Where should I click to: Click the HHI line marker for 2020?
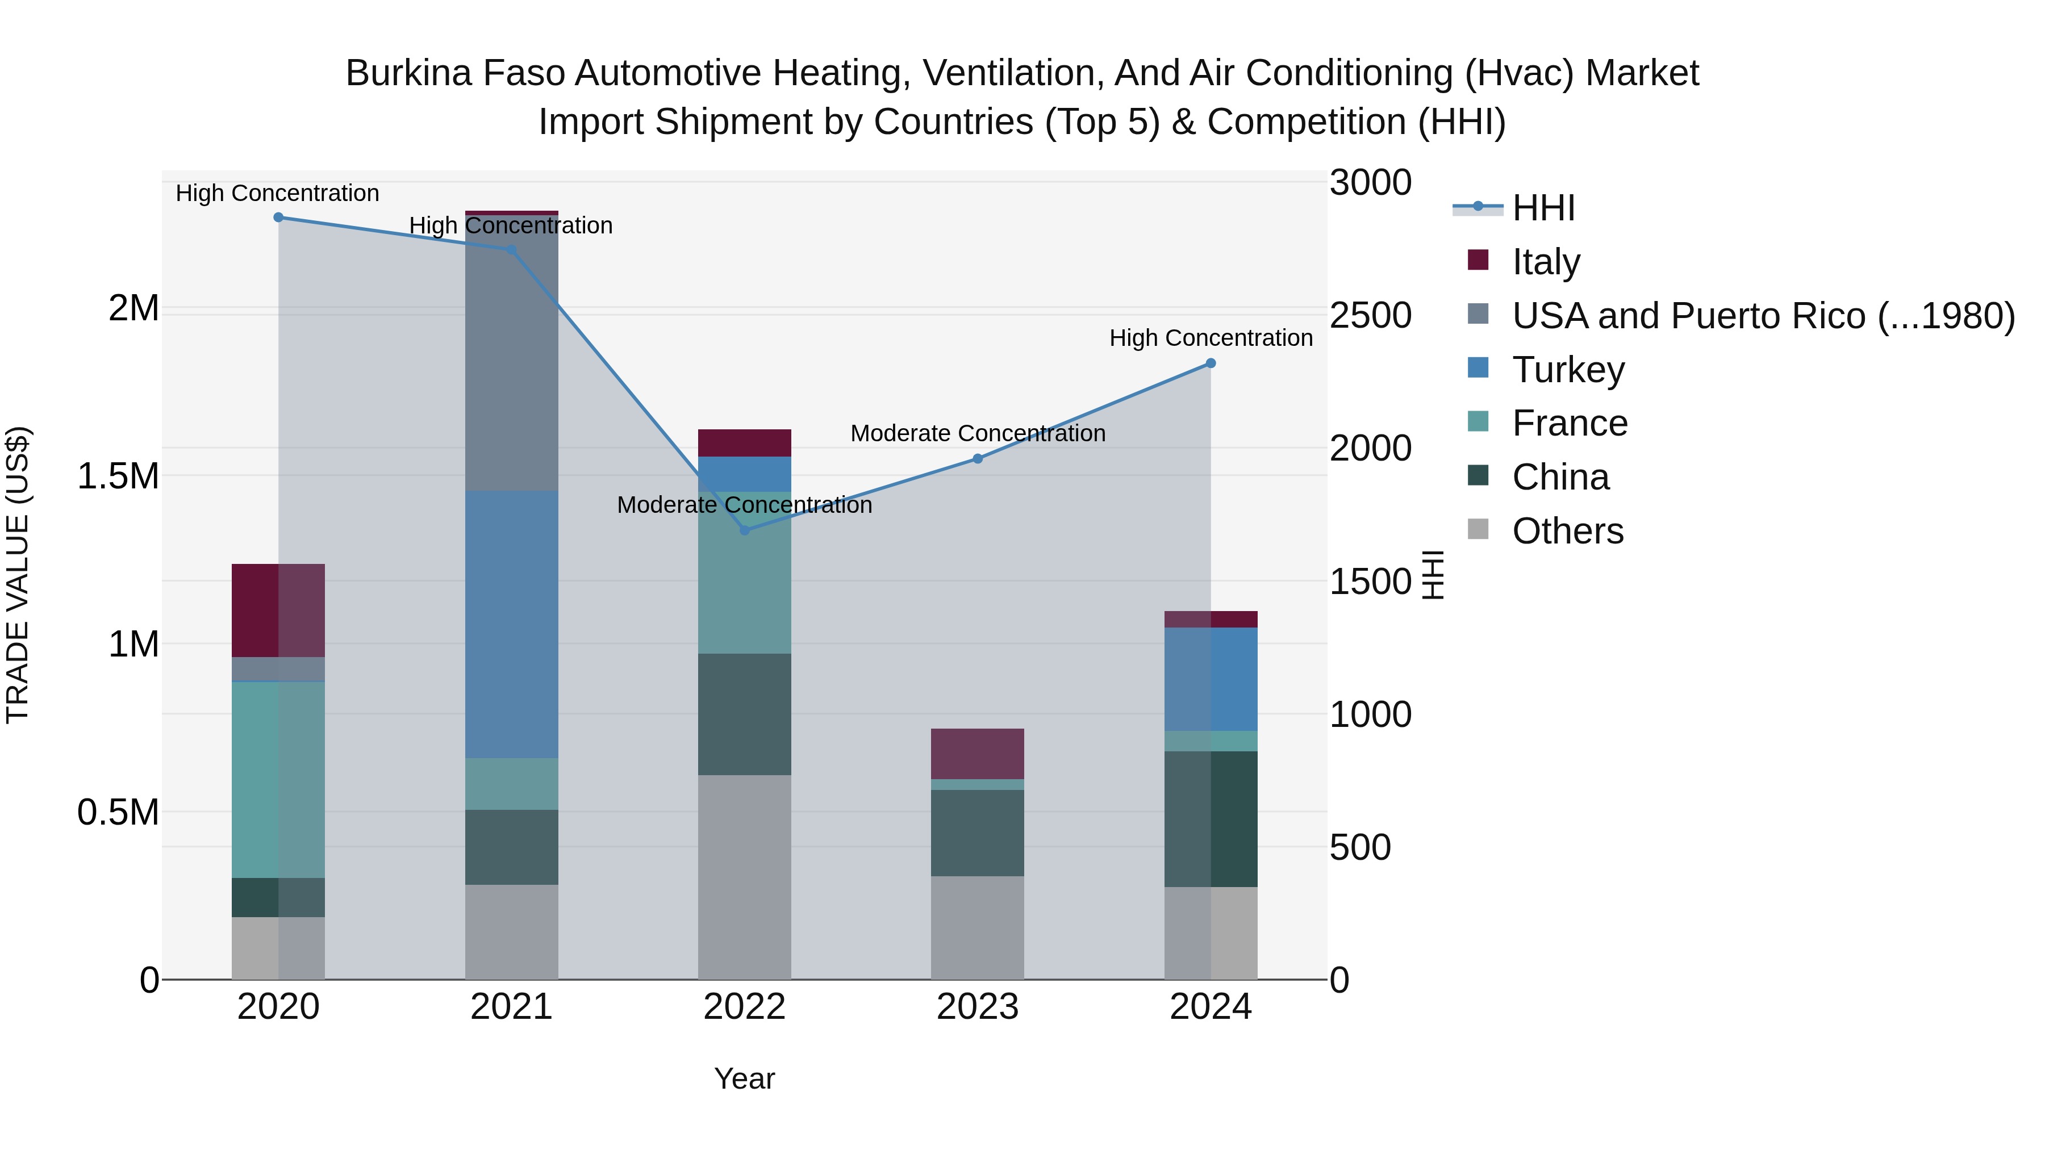click(278, 218)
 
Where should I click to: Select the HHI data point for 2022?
click(745, 530)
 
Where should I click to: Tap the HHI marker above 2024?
click(1211, 363)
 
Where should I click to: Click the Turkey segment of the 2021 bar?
click(511, 624)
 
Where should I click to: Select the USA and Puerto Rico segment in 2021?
click(511, 353)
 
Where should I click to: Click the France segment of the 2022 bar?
click(745, 573)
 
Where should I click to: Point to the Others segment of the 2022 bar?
click(745, 877)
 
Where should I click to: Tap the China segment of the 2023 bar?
click(977, 833)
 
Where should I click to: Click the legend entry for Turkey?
click(1568, 370)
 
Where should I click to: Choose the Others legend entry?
click(1567, 531)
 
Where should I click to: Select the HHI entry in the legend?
click(1542, 208)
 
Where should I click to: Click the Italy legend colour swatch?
click(1478, 260)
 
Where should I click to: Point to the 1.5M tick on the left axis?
click(118, 476)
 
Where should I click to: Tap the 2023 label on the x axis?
click(977, 1007)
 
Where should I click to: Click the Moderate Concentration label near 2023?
click(977, 433)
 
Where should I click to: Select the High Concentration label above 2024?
click(1211, 338)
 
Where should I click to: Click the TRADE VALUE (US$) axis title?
click(18, 575)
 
